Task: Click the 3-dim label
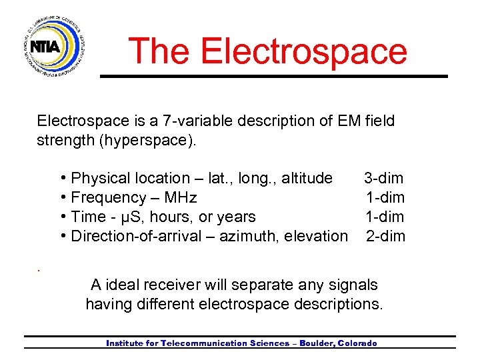click(x=383, y=178)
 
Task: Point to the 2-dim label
click(x=385, y=236)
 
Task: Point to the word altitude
click(x=306, y=178)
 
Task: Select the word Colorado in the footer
click(x=357, y=343)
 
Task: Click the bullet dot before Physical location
click(x=63, y=178)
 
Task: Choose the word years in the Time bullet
click(x=236, y=217)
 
